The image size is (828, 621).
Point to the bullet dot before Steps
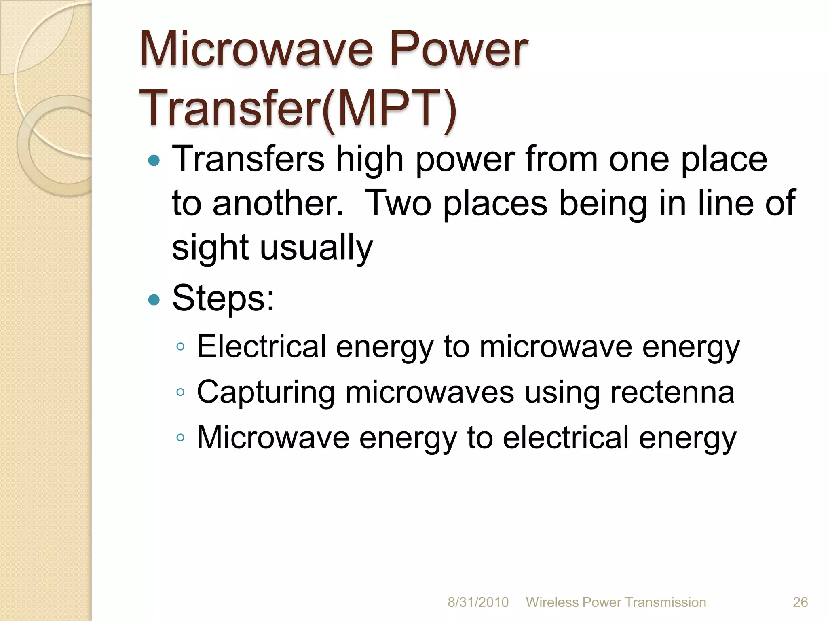click(154, 300)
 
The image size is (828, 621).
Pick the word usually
click(316, 247)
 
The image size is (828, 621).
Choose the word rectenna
click(672, 392)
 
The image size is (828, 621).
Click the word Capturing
click(266, 392)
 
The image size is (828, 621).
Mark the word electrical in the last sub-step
click(566, 437)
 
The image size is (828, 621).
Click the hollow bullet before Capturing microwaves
click(181, 392)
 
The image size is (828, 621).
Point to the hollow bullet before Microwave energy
click(181, 437)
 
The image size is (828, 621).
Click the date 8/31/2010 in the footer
click(478, 602)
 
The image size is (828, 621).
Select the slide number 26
click(800, 602)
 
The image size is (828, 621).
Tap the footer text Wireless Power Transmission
click(616, 602)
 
